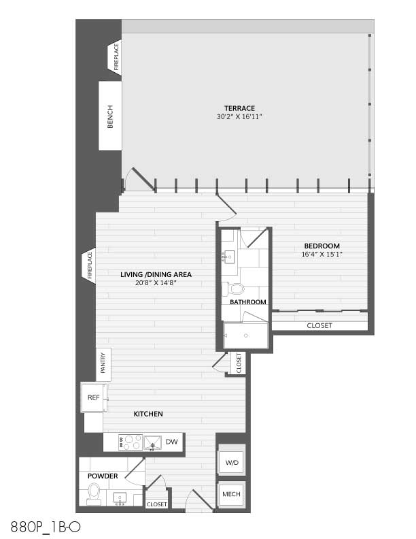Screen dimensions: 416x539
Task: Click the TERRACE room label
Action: pos(239,108)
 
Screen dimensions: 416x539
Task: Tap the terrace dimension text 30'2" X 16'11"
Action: pos(239,117)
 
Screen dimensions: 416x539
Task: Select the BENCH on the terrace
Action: pos(110,116)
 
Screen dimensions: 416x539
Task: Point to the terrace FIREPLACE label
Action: pos(116,56)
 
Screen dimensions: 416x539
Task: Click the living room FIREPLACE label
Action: pos(90,265)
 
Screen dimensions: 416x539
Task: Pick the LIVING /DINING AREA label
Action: pos(156,275)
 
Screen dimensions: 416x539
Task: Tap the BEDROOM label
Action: pos(322,246)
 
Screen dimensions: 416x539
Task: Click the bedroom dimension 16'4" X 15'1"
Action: pos(322,255)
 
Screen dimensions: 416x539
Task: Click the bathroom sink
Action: pos(228,256)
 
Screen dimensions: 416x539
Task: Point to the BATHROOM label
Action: pos(248,302)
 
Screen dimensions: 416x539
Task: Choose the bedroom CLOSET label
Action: pos(319,325)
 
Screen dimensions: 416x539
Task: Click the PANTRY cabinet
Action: pos(103,365)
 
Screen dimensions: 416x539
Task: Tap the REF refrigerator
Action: pos(94,397)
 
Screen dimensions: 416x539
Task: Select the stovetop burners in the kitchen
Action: pos(131,442)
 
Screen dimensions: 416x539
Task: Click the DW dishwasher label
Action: pos(171,442)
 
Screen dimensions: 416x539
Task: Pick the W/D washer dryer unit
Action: pos(232,462)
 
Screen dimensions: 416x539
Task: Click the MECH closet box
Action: pos(231,494)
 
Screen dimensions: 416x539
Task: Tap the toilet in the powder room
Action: pos(94,494)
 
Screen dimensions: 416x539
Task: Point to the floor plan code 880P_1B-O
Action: pos(46,527)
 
